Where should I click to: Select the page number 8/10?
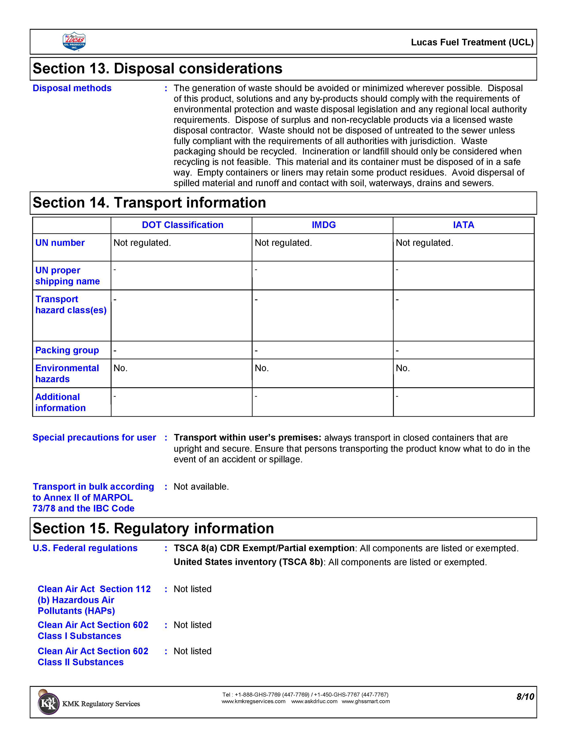click(525, 697)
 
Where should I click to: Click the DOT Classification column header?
click(182, 225)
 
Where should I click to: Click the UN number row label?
click(60, 243)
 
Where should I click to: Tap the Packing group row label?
click(67, 350)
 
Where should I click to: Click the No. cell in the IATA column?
click(402, 368)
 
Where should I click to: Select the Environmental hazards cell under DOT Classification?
click(120, 368)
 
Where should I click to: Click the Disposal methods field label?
click(72, 88)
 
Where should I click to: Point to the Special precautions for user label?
click(94, 437)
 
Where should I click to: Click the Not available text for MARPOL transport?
click(201, 486)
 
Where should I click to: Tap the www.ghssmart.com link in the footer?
click(365, 701)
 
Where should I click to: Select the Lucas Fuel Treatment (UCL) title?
click(472, 42)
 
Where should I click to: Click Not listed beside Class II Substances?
click(192, 651)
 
